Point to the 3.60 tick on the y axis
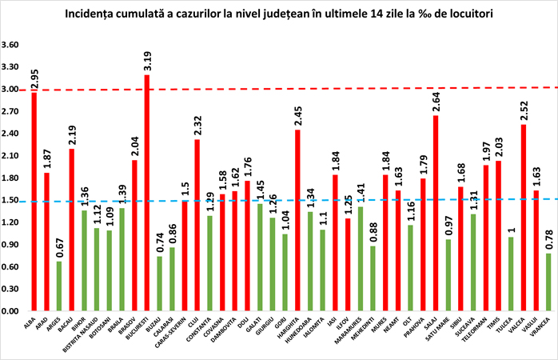10,45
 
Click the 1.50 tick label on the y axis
10,200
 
